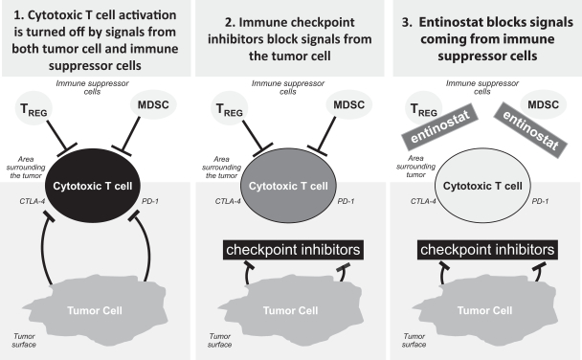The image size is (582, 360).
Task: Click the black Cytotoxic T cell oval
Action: point(93,186)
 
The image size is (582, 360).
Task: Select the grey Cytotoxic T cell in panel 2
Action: point(288,186)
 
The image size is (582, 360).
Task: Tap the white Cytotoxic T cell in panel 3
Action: point(482,186)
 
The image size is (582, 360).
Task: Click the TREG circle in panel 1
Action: point(34,108)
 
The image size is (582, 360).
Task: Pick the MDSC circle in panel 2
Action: point(348,104)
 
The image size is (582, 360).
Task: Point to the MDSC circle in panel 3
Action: point(543,104)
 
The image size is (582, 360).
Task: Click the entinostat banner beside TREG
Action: point(439,127)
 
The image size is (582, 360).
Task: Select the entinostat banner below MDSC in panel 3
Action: point(530,130)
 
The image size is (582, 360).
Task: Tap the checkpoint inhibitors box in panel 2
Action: point(293,250)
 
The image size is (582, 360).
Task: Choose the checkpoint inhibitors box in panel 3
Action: point(487,250)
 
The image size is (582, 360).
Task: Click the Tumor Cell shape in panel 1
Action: point(95,311)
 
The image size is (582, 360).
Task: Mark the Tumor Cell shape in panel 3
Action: point(484,311)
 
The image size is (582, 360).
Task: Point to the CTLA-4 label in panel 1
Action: point(33,201)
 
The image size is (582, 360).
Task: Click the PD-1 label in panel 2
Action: point(346,201)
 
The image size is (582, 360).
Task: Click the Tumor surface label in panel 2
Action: point(220,340)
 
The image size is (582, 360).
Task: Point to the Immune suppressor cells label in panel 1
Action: point(93,87)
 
